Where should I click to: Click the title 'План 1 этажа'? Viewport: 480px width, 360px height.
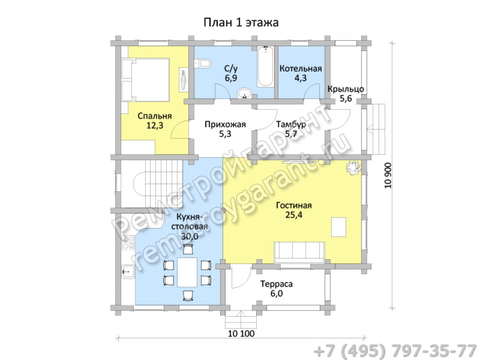pos(241,23)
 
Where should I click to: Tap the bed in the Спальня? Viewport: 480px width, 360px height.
pos(145,80)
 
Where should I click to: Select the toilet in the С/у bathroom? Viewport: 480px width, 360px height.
pos(203,64)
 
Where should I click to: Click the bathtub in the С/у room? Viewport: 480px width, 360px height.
pos(265,66)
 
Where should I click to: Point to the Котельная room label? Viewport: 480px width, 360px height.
pos(300,68)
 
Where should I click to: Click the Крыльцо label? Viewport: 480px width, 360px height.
pos(346,89)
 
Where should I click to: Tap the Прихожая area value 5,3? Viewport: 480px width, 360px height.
pos(225,134)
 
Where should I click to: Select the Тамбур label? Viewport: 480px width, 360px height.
pos(291,125)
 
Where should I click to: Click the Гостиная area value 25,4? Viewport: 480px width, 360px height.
pos(294,215)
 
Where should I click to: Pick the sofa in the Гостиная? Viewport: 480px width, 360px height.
pos(300,252)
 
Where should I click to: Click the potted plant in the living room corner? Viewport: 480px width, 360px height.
pos(354,168)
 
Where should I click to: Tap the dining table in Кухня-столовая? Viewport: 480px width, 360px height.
pos(187,272)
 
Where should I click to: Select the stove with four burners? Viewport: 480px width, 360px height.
pos(128,242)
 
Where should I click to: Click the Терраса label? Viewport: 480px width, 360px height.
pos(276,284)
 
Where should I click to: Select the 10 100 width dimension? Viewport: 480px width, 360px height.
pos(241,334)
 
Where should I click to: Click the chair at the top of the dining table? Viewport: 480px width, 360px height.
pos(188,250)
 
